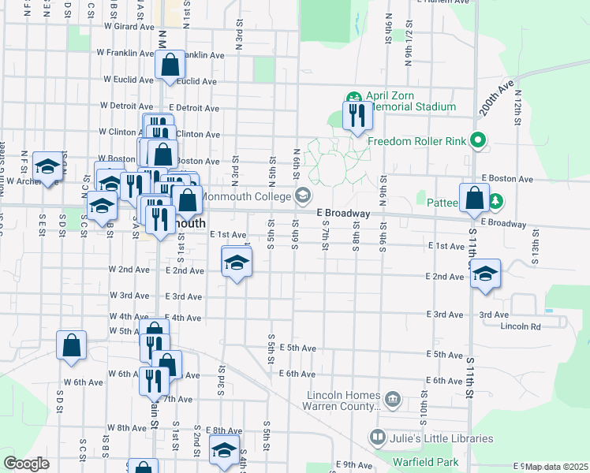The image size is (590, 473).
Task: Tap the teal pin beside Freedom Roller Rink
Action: point(477,141)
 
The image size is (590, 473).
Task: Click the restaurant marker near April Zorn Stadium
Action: point(357,116)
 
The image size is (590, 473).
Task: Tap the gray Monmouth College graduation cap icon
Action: point(302,196)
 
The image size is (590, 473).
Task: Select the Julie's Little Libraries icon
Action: point(378,437)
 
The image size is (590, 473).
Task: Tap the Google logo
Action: point(26,464)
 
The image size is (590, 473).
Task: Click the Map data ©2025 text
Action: point(556,467)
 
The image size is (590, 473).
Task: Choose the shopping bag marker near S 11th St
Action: point(474,197)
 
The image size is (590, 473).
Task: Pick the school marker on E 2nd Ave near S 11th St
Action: point(486,274)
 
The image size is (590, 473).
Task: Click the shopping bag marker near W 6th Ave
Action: point(71,345)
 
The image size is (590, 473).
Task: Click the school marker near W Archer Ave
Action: point(48,166)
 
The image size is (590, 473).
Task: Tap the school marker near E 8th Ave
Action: point(224,450)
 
